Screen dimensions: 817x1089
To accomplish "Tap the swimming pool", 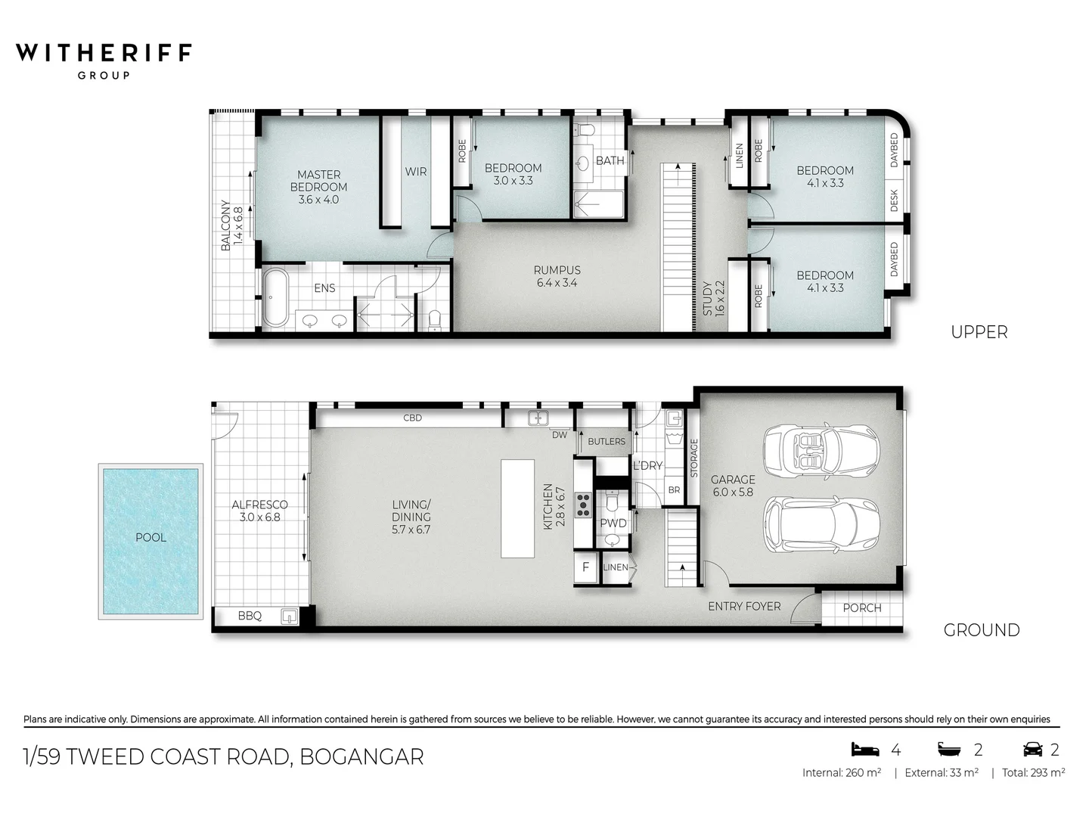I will [x=150, y=540].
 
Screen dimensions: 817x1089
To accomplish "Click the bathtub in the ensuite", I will [x=275, y=297].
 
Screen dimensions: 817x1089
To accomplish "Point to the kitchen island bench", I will [x=517, y=508].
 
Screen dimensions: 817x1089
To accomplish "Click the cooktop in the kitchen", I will [x=583, y=505].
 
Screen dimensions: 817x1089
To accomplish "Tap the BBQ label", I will [x=250, y=616].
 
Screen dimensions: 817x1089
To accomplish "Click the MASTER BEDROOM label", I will [x=318, y=187].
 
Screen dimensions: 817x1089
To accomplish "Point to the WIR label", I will [x=416, y=172].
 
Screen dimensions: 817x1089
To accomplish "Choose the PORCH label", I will [x=861, y=607].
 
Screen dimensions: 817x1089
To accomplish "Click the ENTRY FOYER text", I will [x=744, y=606].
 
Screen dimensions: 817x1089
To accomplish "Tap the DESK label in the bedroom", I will [x=894, y=200].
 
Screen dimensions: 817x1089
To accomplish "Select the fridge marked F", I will [x=585, y=567].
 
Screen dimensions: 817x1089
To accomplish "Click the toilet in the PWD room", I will [x=613, y=502].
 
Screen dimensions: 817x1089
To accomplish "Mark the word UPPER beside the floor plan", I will [x=979, y=332].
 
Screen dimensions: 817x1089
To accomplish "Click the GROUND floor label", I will [x=981, y=629].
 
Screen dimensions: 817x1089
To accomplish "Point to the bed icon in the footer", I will [x=866, y=749].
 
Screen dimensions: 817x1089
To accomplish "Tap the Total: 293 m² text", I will [x=1033, y=772].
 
